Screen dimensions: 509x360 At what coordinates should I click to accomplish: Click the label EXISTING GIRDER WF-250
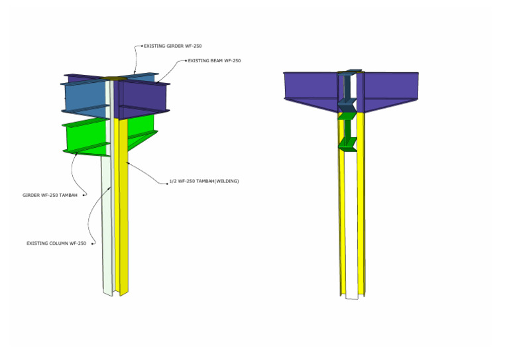(173, 46)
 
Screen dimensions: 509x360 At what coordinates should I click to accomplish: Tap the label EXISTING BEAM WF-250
(214, 61)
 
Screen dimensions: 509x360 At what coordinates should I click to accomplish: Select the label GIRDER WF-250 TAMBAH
(50, 196)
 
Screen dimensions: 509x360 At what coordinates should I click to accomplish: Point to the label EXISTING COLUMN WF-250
(56, 243)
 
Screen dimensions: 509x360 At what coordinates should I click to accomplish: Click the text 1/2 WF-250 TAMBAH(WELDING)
(204, 181)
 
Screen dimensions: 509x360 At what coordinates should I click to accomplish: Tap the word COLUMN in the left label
(58, 243)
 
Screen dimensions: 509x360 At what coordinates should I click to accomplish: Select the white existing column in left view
(108, 224)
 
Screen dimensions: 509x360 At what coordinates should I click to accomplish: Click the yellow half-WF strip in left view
(122, 208)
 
